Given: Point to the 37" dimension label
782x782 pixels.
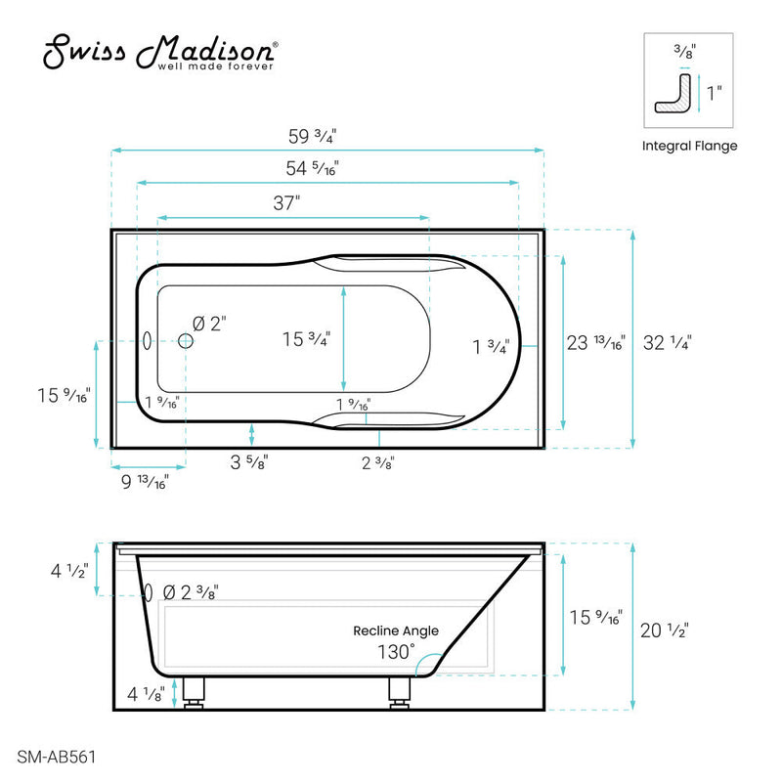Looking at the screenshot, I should tap(285, 203).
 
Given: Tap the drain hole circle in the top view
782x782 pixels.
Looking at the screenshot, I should tap(186, 340).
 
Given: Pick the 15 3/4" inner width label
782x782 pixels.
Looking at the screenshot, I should tap(307, 339).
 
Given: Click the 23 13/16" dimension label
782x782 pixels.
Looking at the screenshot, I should tap(595, 342).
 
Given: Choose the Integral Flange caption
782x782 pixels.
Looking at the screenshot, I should tap(689, 147).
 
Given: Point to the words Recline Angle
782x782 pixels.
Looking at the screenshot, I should tap(396, 630).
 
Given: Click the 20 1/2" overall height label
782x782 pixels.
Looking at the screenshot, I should tap(666, 630).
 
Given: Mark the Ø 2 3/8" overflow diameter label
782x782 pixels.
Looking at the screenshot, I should tap(190, 592).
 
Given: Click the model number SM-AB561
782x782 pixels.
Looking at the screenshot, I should tap(57, 756).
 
